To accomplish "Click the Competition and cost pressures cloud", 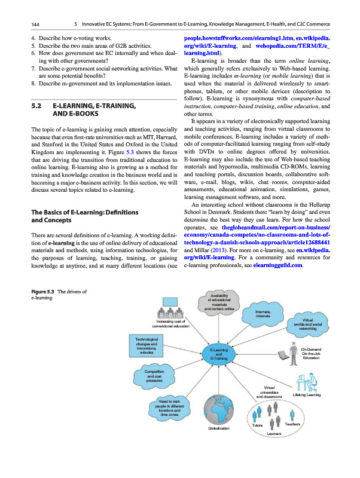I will click(x=151, y=376).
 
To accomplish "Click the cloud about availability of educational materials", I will click(x=218, y=300).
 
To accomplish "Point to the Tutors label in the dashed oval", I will click(x=258, y=425).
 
